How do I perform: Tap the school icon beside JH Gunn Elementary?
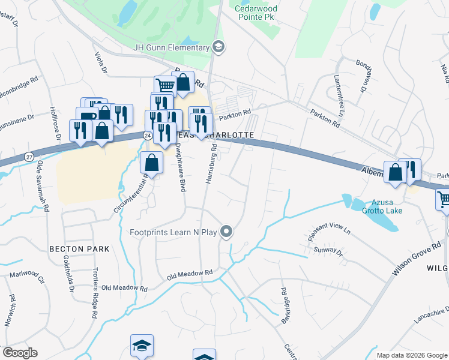(219, 46)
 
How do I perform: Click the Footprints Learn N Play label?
(175, 232)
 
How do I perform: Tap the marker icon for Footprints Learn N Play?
(226, 231)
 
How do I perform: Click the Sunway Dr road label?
(328, 250)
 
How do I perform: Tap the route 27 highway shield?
(29, 157)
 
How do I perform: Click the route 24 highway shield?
(148, 136)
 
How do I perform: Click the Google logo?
(19, 353)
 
